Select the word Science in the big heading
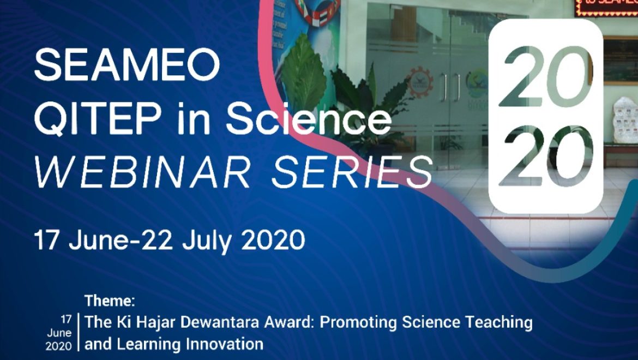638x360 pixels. tap(308, 118)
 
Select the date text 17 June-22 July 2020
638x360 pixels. tap(169, 241)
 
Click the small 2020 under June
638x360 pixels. tap(58, 346)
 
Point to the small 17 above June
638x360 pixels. tap(66, 318)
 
